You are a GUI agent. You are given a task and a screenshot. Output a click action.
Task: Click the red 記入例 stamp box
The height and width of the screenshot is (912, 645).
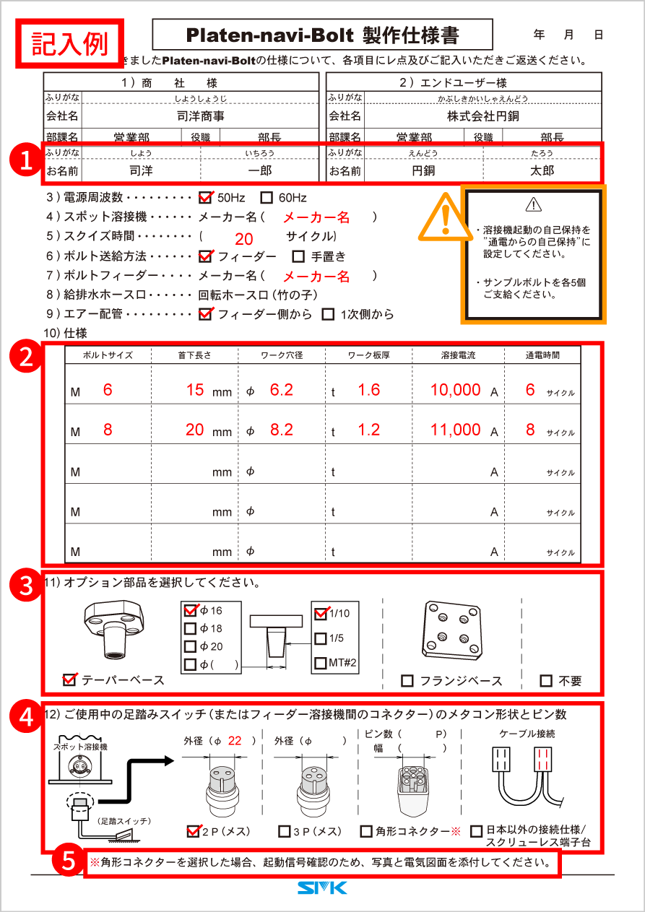(x=70, y=43)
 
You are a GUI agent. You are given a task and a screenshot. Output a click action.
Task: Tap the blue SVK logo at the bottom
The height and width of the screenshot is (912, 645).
(x=322, y=888)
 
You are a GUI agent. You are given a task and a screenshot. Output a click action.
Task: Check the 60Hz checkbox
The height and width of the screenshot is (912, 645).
(x=267, y=197)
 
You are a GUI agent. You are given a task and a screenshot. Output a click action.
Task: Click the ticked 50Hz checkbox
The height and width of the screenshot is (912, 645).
(x=205, y=197)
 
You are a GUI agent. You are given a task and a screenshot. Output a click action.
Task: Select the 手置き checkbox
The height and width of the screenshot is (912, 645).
(x=298, y=256)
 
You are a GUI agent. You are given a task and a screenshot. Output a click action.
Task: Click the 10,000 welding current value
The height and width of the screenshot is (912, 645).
(x=455, y=390)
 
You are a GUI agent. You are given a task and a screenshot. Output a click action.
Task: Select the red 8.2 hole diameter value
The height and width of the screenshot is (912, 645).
(x=281, y=430)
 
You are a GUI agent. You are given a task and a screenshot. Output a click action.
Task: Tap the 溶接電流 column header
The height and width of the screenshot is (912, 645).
(x=456, y=355)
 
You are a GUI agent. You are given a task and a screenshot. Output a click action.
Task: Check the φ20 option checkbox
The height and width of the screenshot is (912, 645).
(x=191, y=647)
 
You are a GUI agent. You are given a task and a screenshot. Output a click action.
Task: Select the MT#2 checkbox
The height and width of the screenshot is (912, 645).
(x=321, y=663)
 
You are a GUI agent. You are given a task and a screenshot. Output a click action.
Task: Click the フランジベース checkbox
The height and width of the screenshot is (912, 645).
(x=407, y=681)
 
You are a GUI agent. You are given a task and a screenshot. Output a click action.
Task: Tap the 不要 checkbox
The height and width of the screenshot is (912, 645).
(x=547, y=681)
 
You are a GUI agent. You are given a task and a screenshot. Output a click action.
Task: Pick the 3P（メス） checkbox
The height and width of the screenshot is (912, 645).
(x=285, y=831)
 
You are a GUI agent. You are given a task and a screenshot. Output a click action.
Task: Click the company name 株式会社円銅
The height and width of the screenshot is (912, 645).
(x=482, y=116)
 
